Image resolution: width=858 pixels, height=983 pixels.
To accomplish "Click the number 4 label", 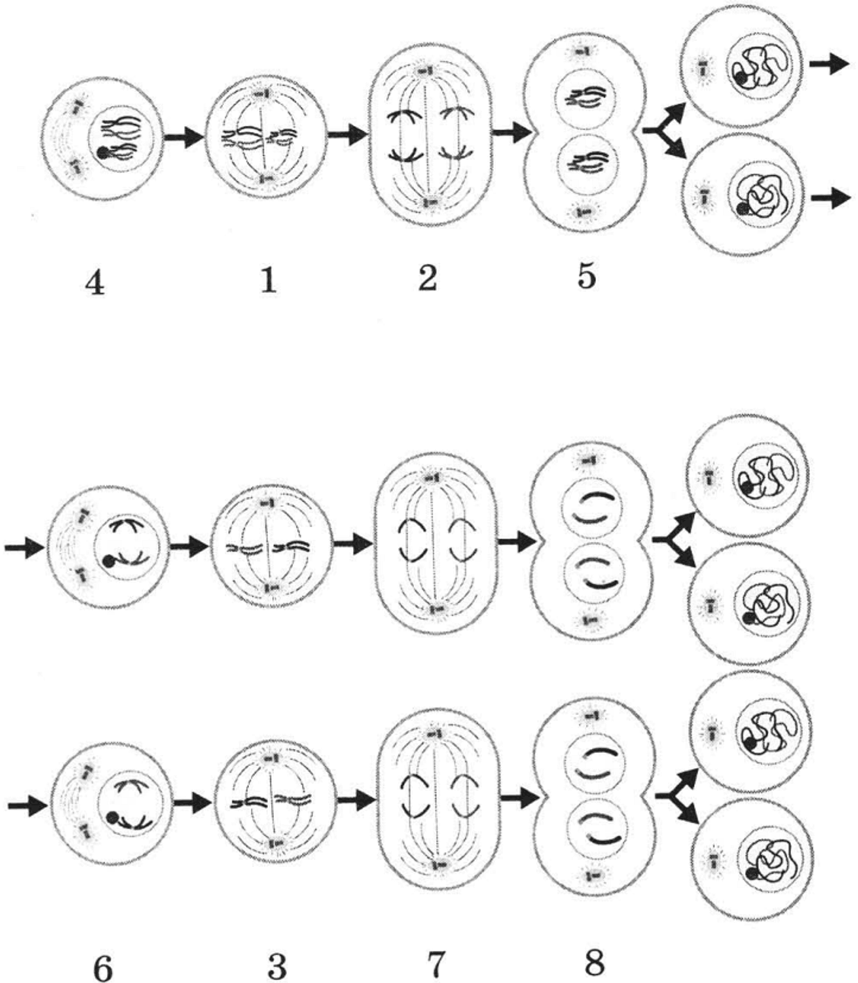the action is [95, 284].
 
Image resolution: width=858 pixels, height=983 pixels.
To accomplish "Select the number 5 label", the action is [587, 277].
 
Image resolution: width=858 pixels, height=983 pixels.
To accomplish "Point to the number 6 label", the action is [103, 969].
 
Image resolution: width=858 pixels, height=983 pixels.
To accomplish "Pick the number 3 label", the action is [278, 967].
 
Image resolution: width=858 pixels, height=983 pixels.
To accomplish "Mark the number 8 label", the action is [595, 963].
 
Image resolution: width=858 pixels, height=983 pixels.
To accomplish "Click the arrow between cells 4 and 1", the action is [183, 138].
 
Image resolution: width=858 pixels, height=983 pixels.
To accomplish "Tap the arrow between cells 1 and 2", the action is [346, 134].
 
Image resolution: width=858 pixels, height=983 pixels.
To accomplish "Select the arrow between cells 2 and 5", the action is [510, 132].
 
